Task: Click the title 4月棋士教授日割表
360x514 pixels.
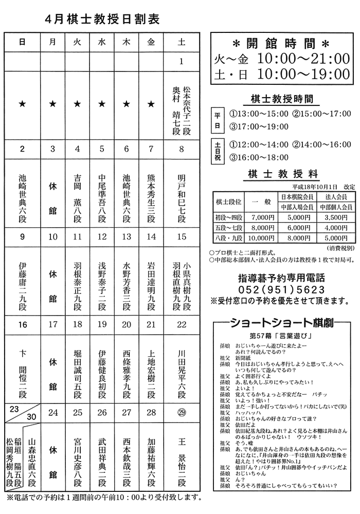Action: click(102, 20)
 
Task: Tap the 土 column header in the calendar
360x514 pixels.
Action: click(181, 43)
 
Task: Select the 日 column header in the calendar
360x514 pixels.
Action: click(22, 43)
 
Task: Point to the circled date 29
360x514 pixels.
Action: click(181, 412)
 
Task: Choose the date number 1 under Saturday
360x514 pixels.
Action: click(181, 62)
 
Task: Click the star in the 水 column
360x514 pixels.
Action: click(101, 104)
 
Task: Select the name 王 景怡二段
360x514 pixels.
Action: click(181, 463)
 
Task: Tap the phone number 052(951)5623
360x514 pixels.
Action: click(282, 289)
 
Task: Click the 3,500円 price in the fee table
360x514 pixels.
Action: click(334, 217)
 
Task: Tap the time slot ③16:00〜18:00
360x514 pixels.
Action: click(259, 158)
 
